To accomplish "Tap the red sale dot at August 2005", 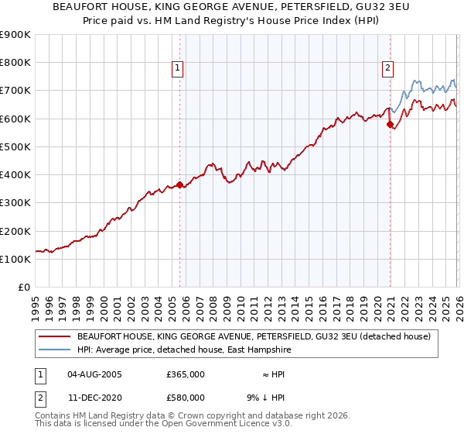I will (179, 184).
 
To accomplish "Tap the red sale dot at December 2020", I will (390, 124).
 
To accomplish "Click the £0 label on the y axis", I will (23, 287).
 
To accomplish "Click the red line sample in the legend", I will (55, 337).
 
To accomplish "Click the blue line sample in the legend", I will (55, 350).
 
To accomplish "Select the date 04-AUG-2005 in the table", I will (94, 374).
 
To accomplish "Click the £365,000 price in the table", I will (186, 374).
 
